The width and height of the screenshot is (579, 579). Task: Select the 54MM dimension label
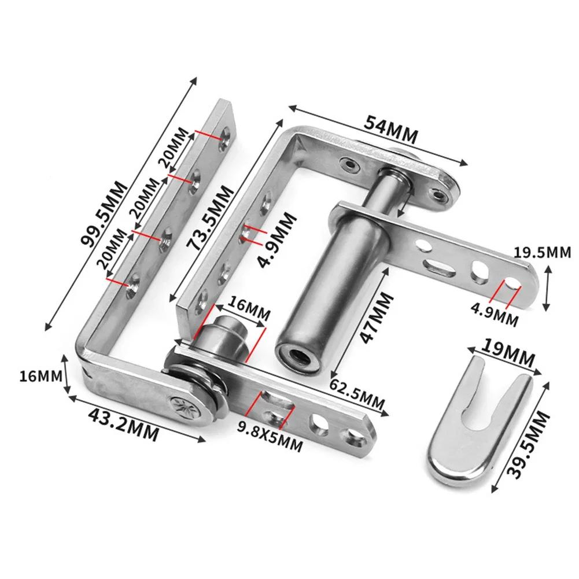point(390,130)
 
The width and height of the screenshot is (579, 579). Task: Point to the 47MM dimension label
point(377,318)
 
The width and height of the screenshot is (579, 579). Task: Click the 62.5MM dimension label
point(357,392)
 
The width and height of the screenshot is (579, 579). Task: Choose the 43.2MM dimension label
point(124,425)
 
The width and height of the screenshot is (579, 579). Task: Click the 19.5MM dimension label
point(543,253)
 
